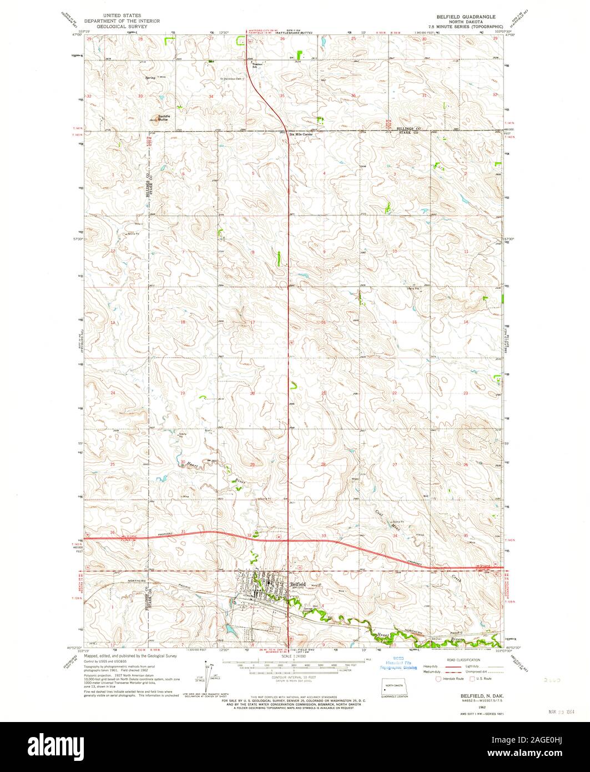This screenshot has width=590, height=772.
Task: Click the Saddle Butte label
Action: pos(163,117)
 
